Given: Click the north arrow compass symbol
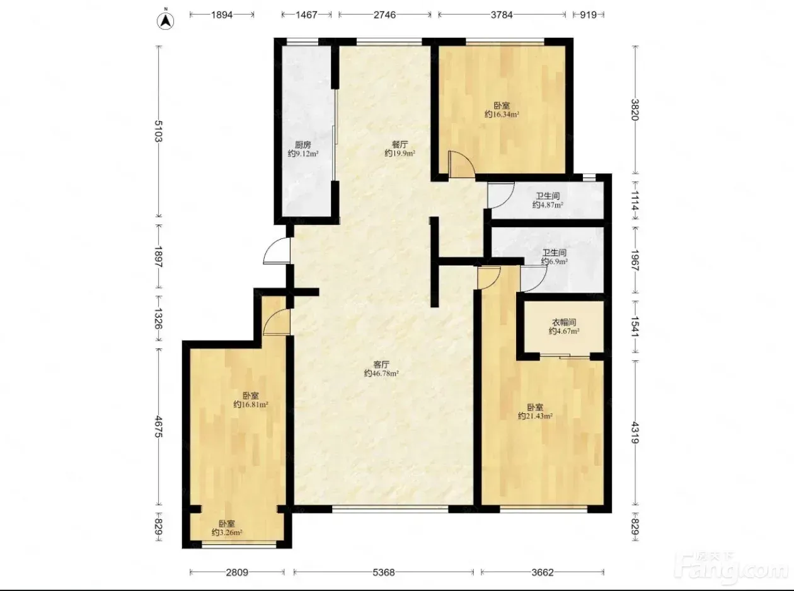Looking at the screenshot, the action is pos(166,21).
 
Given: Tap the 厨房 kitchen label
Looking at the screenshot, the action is pos(303,145).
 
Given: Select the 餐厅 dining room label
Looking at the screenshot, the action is pos(400,144).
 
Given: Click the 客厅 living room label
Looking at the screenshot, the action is pos(381,365).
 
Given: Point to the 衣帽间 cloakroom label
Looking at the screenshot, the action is pos(564,322).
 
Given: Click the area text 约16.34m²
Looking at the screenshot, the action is pos(502,114).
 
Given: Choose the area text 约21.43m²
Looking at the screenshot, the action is pos(535,416).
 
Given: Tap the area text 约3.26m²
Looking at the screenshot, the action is pos(227,532).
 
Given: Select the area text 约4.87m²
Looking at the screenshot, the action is pos(548,205).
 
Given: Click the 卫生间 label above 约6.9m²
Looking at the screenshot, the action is pos(554,253).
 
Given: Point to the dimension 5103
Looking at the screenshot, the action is pos(159,131).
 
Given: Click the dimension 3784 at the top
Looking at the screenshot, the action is pos(502,15).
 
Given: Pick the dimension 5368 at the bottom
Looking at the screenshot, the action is pos(383,572).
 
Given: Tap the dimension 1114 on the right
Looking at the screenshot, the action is pos(635,201).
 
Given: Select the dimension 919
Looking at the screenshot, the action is pos(588,15).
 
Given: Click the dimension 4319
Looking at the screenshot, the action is pos(635,433).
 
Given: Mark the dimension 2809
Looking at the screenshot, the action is pos(237,572).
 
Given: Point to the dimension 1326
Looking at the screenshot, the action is pos(159,319).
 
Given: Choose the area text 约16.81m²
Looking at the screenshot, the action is pos(251,405).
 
